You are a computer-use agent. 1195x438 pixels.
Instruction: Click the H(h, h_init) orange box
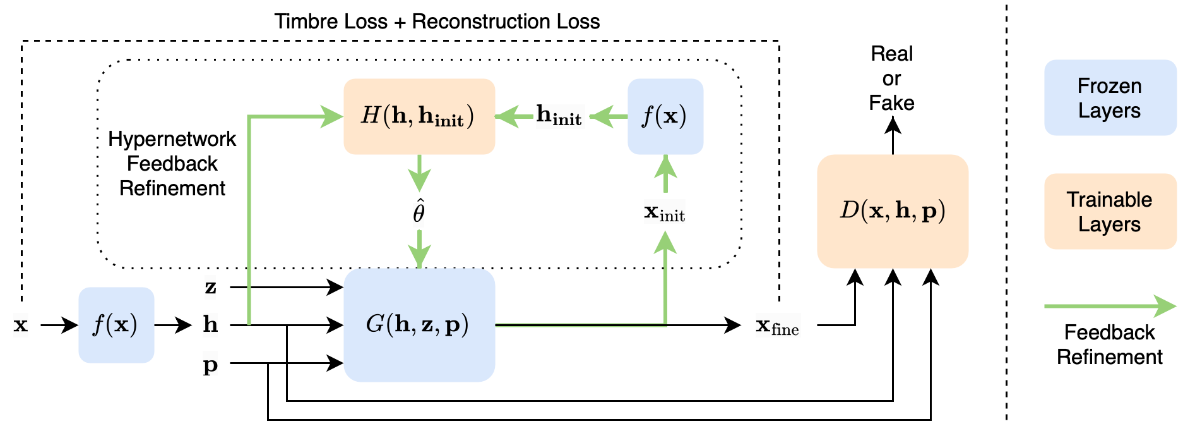click(x=419, y=116)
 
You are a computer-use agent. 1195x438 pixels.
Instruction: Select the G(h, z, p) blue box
click(x=419, y=325)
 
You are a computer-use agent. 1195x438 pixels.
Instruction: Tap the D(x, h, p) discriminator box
click(x=892, y=211)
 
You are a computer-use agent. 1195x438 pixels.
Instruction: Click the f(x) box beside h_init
click(x=665, y=116)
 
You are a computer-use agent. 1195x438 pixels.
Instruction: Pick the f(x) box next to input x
click(x=116, y=325)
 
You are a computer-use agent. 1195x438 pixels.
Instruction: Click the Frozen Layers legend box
click(x=1110, y=97)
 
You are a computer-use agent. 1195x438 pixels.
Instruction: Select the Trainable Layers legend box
click(x=1110, y=211)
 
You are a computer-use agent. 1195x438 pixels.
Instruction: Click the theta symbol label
click(x=419, y=214)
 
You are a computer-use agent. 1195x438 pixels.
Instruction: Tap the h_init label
click(x=559, y=116)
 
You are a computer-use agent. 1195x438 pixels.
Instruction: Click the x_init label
click(x=664, y=212)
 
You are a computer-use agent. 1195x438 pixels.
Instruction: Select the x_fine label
click(x=778, y=325)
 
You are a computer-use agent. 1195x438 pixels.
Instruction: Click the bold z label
click(x=210, y=287)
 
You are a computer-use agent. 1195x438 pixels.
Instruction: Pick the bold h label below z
click(x=210, y=325)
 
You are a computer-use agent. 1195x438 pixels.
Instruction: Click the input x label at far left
click(x=21, y=325)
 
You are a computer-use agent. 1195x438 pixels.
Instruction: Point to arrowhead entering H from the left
click(x=332, y=116)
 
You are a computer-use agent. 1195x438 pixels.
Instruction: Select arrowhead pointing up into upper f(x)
click(x=665, y=167)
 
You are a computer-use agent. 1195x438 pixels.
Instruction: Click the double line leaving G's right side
click(x=581, y=325)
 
